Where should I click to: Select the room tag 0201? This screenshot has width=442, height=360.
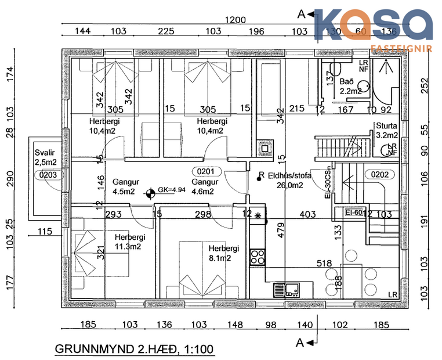click(x=206, y=171)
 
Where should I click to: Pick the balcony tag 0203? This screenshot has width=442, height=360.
click(x=45, y=174)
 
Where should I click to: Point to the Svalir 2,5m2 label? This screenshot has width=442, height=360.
click(x=45, y=158)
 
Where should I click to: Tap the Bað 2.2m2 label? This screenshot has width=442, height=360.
click(x=350, y=87)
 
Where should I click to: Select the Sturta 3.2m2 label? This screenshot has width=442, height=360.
click(x=386, y=130)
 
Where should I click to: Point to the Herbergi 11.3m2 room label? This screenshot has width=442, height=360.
click(x=129, y=242)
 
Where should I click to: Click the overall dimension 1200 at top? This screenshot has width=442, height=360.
click(x=236, y=20)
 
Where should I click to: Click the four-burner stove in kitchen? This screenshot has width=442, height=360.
click(x=257, y=256)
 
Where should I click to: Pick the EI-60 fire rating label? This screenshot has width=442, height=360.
click(x=353, y=213)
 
